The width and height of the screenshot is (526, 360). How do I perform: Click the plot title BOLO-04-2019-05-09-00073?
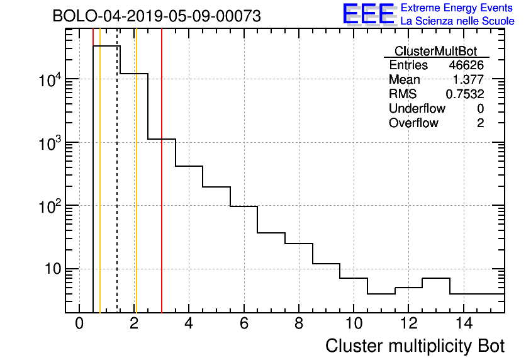click(x=157, y=16)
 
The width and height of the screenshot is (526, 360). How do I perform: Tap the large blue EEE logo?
click(x=369, y=14)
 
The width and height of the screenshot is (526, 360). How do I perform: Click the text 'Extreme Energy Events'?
click(x=457, y=8)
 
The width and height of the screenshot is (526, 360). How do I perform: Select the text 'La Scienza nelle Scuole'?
click(x=457, y=21)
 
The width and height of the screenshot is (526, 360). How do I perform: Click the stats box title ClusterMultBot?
click(x=435, y=51)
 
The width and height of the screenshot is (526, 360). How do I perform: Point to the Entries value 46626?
click(x=466, y=65)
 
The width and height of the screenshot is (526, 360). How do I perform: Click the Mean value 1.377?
click(x=469, y=80)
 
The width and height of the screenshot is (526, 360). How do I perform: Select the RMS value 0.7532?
click(x=465, y=94)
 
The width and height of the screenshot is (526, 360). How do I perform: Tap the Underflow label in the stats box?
click(x=417, y=109)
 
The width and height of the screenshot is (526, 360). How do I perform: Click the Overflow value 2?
click(x=480, y=123)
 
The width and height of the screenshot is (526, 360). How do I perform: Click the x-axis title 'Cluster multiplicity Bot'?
click(x=415, y=346)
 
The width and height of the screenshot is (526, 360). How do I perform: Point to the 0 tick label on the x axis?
click(x=79, y=323)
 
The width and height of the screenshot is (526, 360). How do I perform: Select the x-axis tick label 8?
click(x=299, y=323)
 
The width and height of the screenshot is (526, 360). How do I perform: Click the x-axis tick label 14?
click(x=463, y=323)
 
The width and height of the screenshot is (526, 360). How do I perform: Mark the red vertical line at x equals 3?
click(x=162, y=189)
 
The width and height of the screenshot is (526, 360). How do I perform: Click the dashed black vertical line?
click(x=117, y=189)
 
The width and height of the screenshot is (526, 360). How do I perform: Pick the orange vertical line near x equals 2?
click(x=136, y=189)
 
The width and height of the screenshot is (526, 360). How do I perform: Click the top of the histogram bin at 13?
click(x=436, y=278)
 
